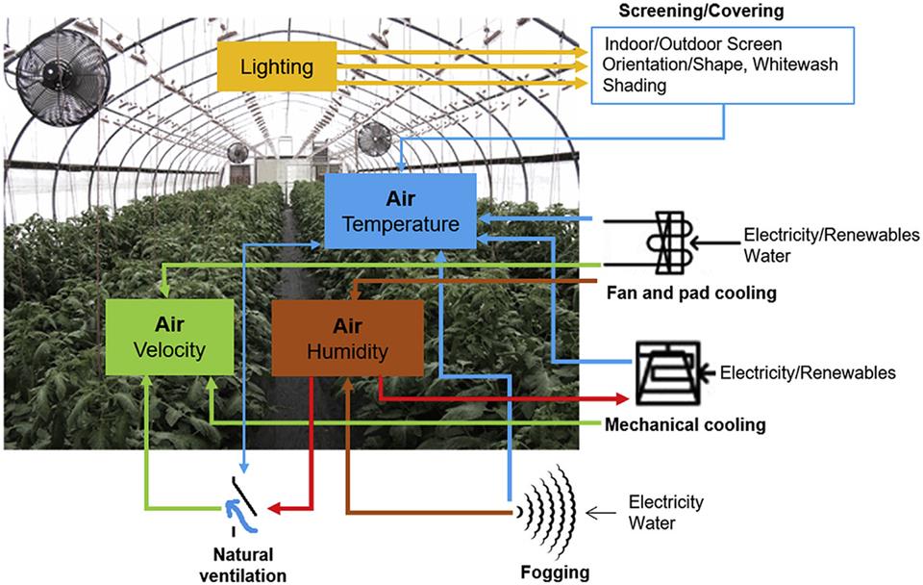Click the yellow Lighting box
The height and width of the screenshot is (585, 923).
coord(277,66)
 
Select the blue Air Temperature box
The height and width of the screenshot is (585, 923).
coord(400,212)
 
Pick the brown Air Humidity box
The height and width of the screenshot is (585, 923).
coord(347,340)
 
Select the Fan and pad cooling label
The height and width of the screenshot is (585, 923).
coord(689,292)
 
